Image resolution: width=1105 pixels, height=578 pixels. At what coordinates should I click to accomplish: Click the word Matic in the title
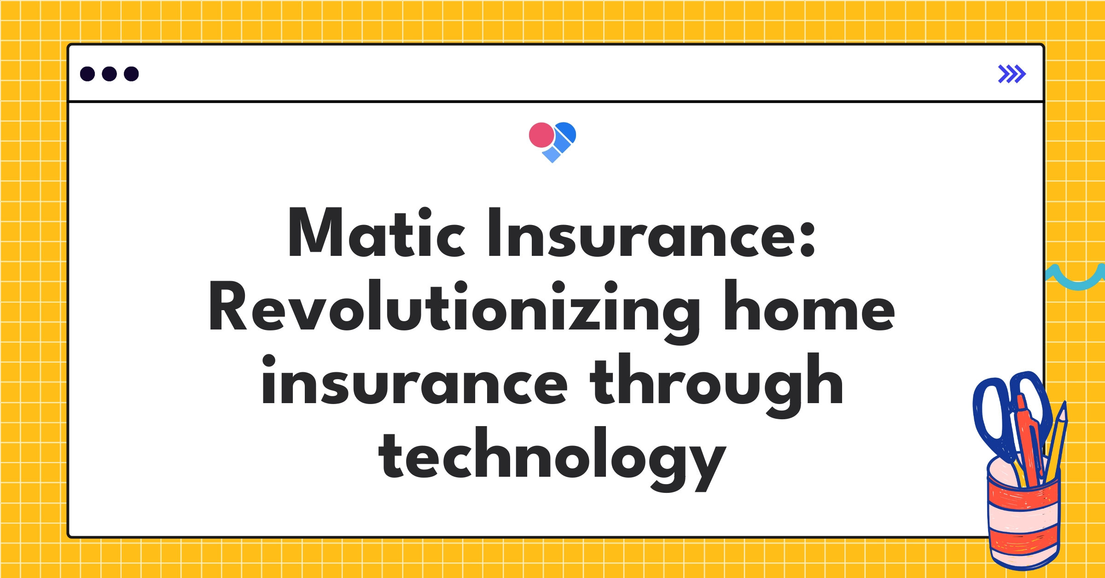377,232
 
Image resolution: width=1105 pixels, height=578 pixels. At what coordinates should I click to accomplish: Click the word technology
552,456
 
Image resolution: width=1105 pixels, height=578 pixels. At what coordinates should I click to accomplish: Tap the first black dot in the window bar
87,74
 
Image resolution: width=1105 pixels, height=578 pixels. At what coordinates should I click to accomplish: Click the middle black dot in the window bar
109,74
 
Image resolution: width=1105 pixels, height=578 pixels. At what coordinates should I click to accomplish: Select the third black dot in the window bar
131,74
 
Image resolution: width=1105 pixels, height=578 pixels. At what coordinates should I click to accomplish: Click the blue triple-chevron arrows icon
1012,74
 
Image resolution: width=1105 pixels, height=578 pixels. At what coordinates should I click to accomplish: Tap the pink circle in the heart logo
541,135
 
